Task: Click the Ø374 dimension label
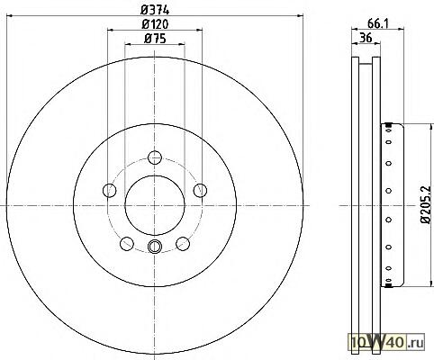tap(155, 10)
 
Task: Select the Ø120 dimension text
tap(155, 24)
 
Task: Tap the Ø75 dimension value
tap(155, 39)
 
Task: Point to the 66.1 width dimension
tap(378, 23)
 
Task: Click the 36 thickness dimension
tap(366, 38)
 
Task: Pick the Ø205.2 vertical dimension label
tap(426, 204)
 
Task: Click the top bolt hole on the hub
tap(155, 157)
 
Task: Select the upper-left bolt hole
tap(109, 190)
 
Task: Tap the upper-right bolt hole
tap(200, 190)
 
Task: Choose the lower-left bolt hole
tap(127, 243)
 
